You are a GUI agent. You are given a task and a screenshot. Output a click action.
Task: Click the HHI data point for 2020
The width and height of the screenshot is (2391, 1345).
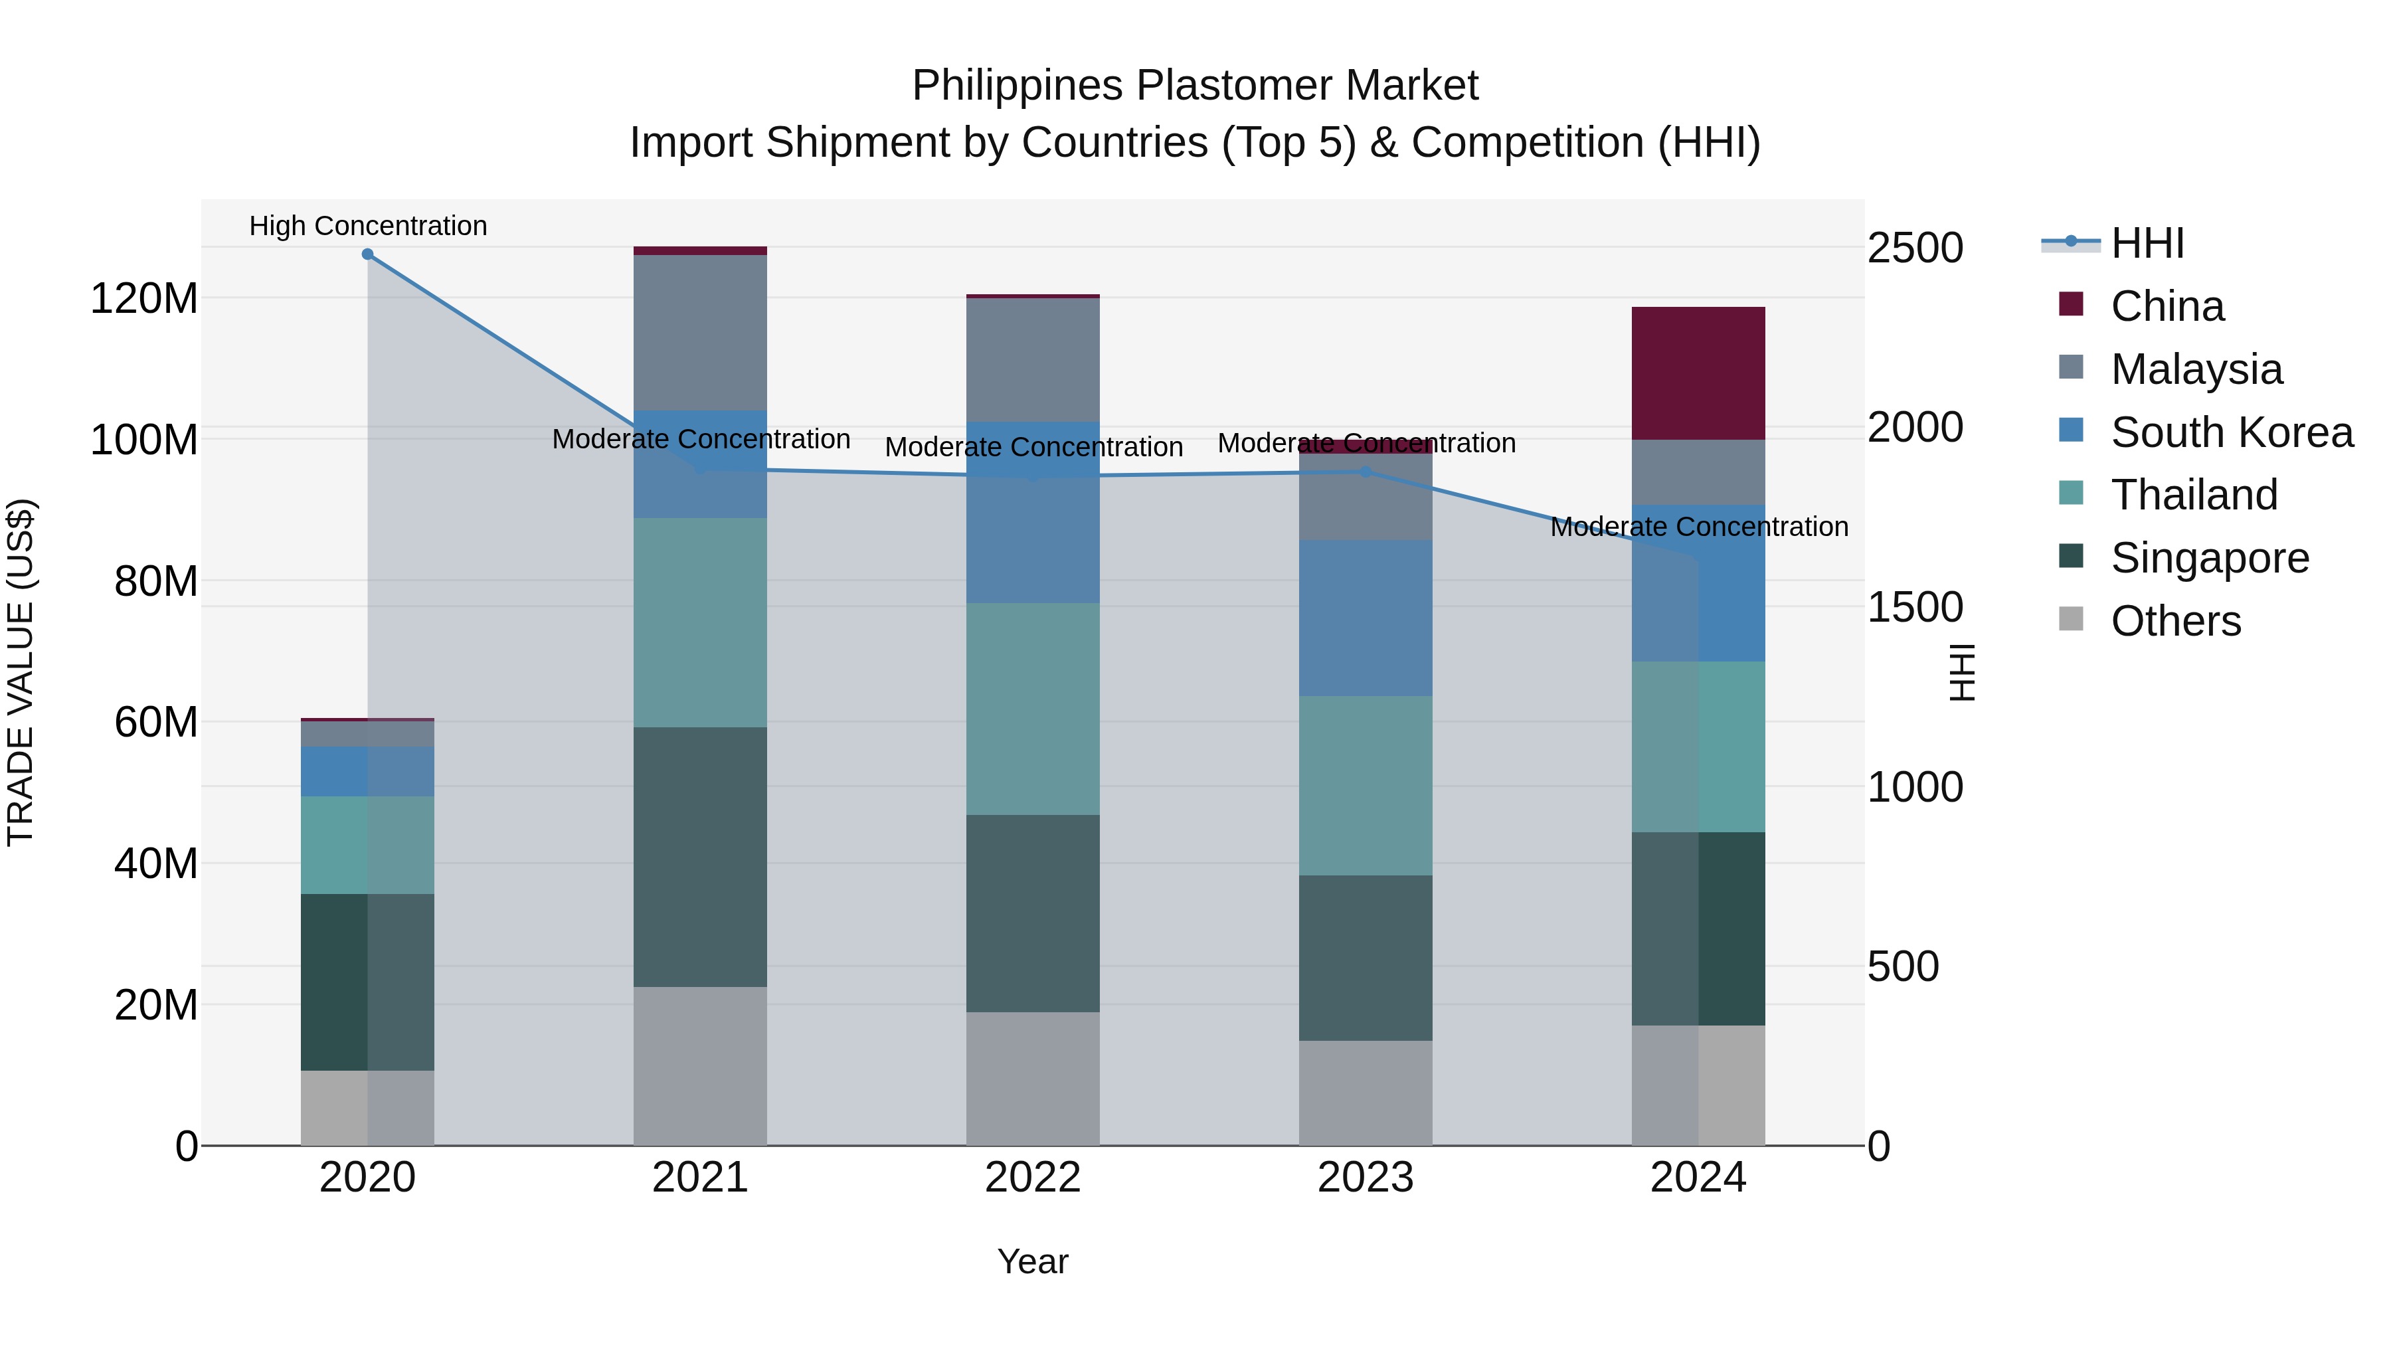click(367, 254)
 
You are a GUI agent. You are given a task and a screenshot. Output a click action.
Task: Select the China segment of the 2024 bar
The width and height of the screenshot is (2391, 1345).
click(1698, 373)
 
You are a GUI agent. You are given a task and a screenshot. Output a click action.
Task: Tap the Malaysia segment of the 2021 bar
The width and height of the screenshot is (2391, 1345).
click(700, 332)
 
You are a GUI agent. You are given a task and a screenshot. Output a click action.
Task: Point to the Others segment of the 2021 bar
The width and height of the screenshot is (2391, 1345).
click(700, 1065)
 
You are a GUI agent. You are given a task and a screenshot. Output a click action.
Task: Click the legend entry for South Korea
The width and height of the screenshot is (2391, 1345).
click(2232, 432)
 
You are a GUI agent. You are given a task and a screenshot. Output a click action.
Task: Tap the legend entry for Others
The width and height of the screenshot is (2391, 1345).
click(2174, 621)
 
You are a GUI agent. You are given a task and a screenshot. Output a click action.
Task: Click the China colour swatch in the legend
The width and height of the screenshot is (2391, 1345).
click(2071, 304)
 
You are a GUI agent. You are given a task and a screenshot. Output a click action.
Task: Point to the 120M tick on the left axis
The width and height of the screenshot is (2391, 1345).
click(144, 299)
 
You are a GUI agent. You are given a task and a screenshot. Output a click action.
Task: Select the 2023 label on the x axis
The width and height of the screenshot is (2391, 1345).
click(1366, 1178)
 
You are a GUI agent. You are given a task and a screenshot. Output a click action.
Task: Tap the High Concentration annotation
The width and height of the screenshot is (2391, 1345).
click(367, 226)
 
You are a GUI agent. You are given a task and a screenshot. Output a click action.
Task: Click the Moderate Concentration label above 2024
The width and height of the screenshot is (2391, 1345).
click(1698, 527)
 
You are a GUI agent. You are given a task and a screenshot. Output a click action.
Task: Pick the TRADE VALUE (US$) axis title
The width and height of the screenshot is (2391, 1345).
click(21, 672)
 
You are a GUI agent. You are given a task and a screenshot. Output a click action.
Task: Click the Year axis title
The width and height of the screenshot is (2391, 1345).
click(1032, 1263)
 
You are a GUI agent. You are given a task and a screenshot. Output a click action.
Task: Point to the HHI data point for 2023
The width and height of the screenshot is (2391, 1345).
click(1366, 472)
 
